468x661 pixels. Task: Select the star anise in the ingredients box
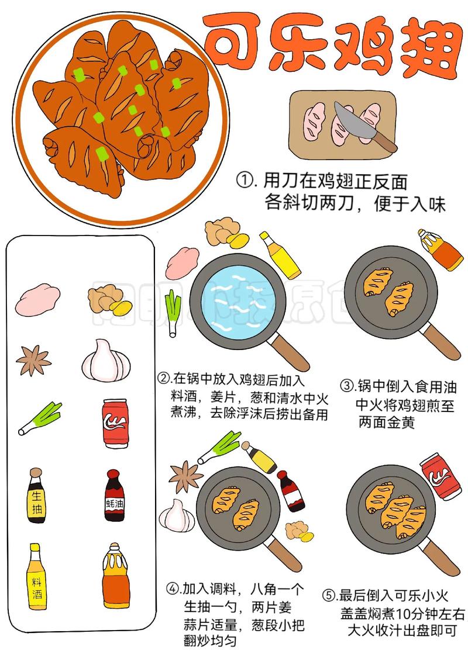click(x=33, y=361)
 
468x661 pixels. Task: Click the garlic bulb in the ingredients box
click(x=106, y=361)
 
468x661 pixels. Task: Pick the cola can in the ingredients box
click(x=115, y=423)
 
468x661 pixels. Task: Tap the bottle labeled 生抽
click(x=36, y=496)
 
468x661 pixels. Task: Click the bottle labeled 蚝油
click(x=114, y=496)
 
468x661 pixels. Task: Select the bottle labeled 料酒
click(x=37, y=576)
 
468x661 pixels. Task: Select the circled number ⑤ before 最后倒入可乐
click(x=329, y=596)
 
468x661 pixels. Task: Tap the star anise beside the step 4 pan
click(x=185, y=477)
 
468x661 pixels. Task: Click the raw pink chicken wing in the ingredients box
click(x=37, y=300)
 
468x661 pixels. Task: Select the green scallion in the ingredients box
click(x=40, y=418)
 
